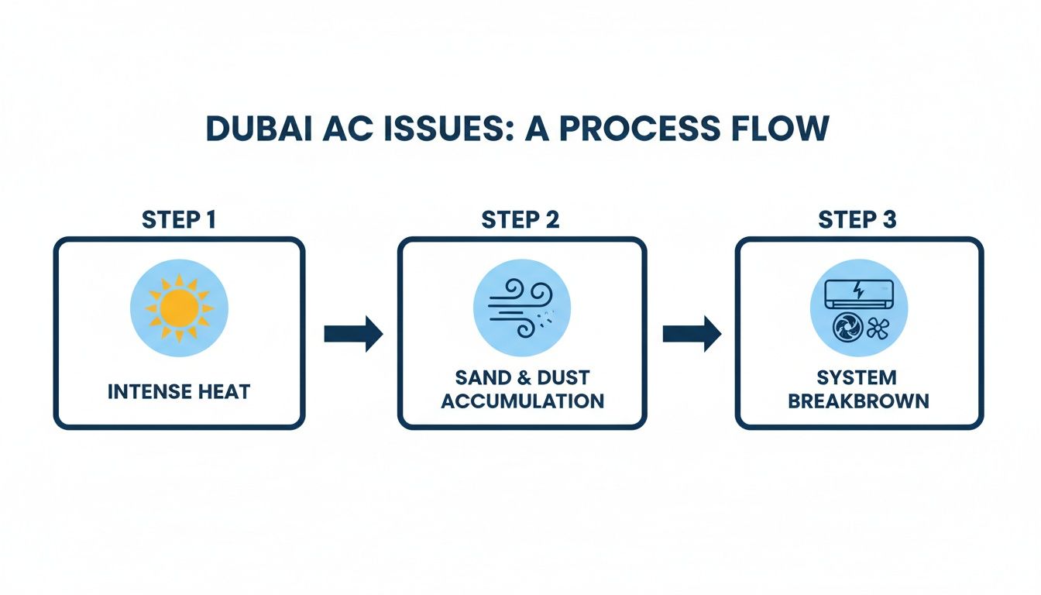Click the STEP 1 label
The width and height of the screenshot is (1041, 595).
179,220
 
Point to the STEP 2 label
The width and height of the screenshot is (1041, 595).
520,220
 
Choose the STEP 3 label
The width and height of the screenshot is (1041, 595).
857,220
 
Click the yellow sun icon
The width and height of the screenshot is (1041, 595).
179,308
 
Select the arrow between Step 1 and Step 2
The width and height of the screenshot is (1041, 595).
353,334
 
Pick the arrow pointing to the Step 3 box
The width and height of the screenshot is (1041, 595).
692,334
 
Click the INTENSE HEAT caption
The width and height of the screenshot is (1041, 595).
179,392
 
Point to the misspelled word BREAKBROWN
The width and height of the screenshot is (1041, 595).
857,401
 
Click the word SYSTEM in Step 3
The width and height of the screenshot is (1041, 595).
857,378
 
